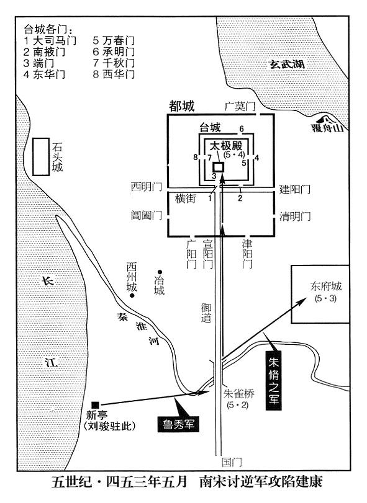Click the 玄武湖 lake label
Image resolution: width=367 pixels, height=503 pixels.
click(x=287, y=64)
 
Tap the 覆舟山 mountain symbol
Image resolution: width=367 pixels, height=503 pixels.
click(x=327, y=120)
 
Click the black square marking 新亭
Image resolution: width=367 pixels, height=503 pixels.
click(x=95, y=405)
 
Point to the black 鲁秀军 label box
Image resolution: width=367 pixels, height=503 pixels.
click(x=178, y=424)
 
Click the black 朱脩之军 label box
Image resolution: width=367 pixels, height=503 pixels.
click(x=274, y=381)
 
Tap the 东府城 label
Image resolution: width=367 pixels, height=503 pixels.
click(x=325, y=286)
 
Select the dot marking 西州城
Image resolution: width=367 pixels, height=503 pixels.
click(x=132, y=295)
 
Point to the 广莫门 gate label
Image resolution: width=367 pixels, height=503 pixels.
click(x=240, y=106)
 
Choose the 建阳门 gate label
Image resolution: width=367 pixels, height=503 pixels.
click(x=295, y=189)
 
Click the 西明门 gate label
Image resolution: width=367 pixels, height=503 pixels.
click(x=146, y=187)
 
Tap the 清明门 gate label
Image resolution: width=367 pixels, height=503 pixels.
click(x=295, y=216)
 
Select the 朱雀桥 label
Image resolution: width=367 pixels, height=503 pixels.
click(x=239, y=394)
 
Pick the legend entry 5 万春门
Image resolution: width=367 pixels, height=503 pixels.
click(x=114, y=41)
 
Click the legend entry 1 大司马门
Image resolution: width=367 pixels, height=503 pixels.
click(x=50, y=41)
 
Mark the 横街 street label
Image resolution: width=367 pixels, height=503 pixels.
click(x=185, y=198)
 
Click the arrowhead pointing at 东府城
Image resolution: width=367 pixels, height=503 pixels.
click(x=302, y=301)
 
